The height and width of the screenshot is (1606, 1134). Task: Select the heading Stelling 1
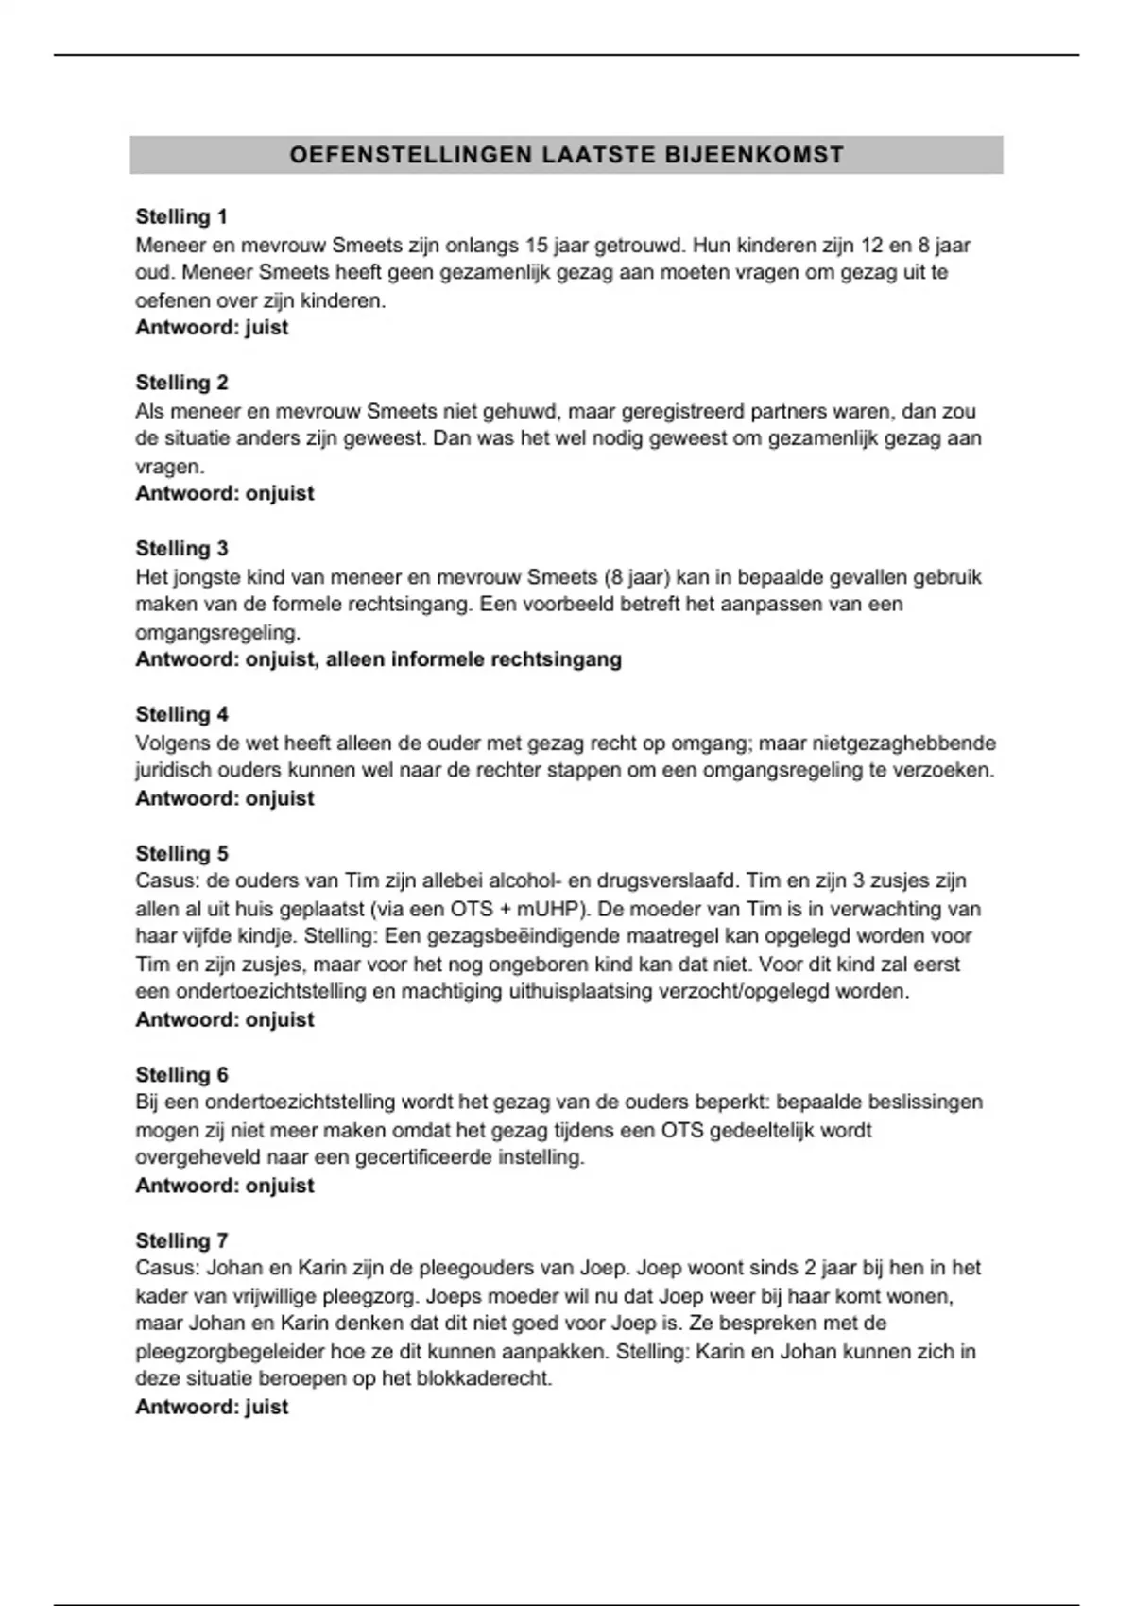pyautogui.click(x=181, y=216)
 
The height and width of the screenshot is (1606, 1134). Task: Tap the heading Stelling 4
pyautogui.click(x=181, y=714)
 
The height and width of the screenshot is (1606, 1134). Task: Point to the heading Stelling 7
pyautogui.click(x=181, y=1240)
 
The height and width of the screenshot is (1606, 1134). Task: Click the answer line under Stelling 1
pyautogui.click(x=212, y=328)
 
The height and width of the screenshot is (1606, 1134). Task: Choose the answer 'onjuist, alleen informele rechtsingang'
pyautogui.click(x=378, y=659)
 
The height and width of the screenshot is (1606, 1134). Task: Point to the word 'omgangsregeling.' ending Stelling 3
pyautogui.click(x=217, y=632)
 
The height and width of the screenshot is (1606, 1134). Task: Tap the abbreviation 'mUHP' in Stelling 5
pyautogui.click(x=550, y=909)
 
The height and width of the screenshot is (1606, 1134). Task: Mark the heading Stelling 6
pyautogui.click(x=181, y=1075)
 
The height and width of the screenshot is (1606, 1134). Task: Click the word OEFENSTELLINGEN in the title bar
pyautogui.click(x=412, y=155)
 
